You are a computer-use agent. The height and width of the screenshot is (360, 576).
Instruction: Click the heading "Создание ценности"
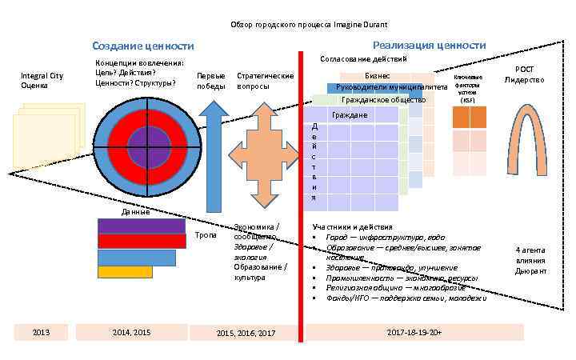coord(142,46)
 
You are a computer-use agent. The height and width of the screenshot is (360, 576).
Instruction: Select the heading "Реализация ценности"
coord(429,46)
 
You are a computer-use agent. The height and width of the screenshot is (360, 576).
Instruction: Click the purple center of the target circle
coord(149,147)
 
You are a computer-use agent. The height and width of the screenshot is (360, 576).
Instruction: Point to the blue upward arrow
coord(211,160)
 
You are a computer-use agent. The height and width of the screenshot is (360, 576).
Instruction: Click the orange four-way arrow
coord(262,161)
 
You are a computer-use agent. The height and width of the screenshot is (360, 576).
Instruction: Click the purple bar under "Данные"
coord(141,226)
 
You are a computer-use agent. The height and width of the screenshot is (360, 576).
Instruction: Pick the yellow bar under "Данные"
coord(125,272)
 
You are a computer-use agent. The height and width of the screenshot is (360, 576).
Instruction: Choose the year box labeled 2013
coord(40,332)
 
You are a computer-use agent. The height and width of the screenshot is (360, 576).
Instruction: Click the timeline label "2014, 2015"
coord(132,332)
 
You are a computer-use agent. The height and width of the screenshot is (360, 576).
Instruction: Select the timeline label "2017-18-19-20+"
coord(413,332)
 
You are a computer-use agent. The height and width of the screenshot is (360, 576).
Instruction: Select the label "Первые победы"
coord(211,81)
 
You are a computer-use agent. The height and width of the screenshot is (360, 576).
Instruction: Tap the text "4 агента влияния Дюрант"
coord(530,261)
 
